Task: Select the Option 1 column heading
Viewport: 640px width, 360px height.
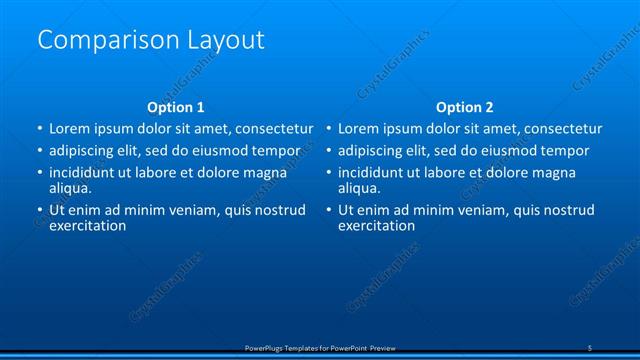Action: (176, 107)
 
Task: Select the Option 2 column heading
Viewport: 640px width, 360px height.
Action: (465, 107)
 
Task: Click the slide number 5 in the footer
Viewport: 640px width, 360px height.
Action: (590, 347)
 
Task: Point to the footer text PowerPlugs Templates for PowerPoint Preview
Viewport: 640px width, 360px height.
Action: (320, 347)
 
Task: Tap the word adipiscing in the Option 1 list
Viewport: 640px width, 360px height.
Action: (86, 151)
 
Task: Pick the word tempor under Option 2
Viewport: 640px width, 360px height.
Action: (566, 151)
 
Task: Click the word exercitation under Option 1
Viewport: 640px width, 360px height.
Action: (88, 226)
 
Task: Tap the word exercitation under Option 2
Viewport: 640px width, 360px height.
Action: (377, 226)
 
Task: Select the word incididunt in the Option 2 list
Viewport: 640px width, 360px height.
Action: (375, 173)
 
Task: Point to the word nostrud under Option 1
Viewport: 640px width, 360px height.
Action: (278, 210)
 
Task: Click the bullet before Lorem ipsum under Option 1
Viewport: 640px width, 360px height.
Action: (39, 129)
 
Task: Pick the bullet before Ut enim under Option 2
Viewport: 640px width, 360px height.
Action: (328, 210)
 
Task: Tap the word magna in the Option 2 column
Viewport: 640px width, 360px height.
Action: (553, 173)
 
